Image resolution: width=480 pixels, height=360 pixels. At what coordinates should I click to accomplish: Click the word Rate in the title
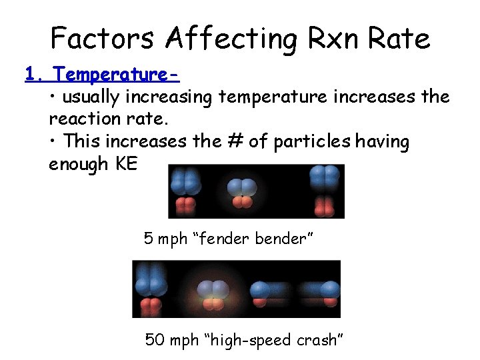click(x=401, y=38)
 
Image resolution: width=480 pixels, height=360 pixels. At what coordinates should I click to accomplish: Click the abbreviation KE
click(x=125, y=164)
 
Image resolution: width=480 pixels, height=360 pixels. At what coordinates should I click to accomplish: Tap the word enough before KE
click(x=79, y=164)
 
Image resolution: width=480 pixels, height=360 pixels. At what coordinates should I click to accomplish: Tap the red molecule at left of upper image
click(x=186, y=206)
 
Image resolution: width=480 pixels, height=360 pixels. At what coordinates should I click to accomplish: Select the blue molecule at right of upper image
click(x=324, y=177)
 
